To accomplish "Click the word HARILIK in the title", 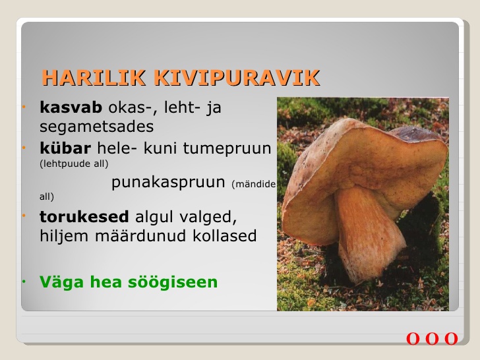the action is pos(94,78).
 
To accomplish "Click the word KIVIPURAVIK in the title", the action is pos(236,78).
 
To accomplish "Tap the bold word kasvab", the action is pos(71,107).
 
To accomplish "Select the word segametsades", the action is pos(96,127).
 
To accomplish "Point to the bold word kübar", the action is pos(65,148).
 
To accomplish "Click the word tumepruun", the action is pos(227,149).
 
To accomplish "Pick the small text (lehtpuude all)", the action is pos(74,164).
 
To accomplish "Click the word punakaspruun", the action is pos(168,183).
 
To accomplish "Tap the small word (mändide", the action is pos(254,185).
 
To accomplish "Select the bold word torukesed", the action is pos(84,217).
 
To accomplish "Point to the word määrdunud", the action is pos(140,236).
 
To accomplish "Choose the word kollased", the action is pos(225,236).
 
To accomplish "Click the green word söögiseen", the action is pos(173,282).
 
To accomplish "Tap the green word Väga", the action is pos(61,282).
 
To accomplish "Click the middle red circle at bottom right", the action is pos(432,339).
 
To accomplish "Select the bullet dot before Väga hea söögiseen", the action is pos(24,282).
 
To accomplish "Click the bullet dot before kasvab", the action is pos(24,107).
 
